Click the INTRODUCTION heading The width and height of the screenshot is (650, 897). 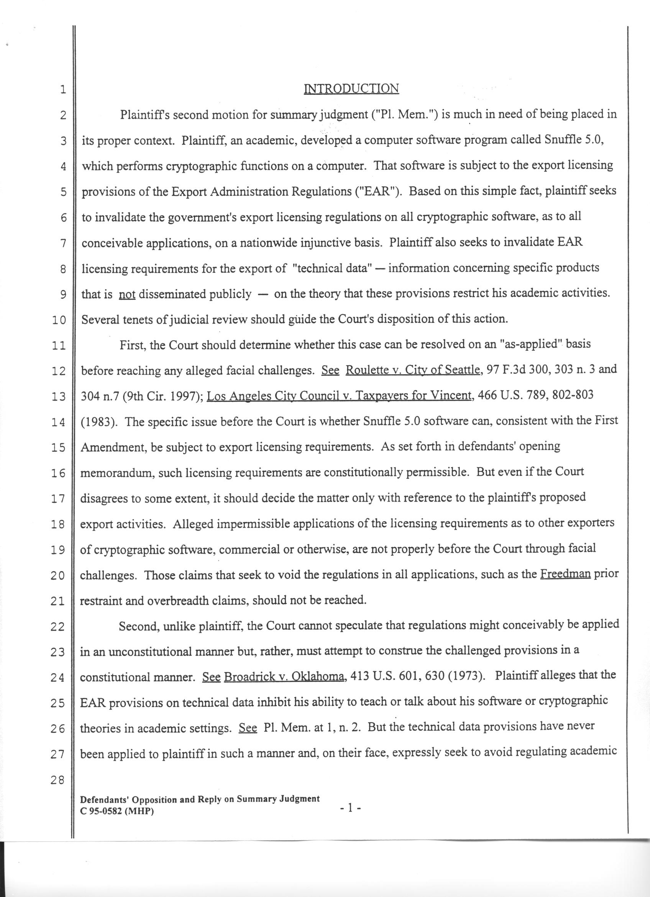(351, 88)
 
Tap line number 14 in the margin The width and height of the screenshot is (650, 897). (58, 423)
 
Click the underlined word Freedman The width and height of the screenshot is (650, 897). (565, 573)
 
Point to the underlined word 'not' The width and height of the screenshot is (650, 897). (127, 295)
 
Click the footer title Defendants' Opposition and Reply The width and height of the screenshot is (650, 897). (200, 799)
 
